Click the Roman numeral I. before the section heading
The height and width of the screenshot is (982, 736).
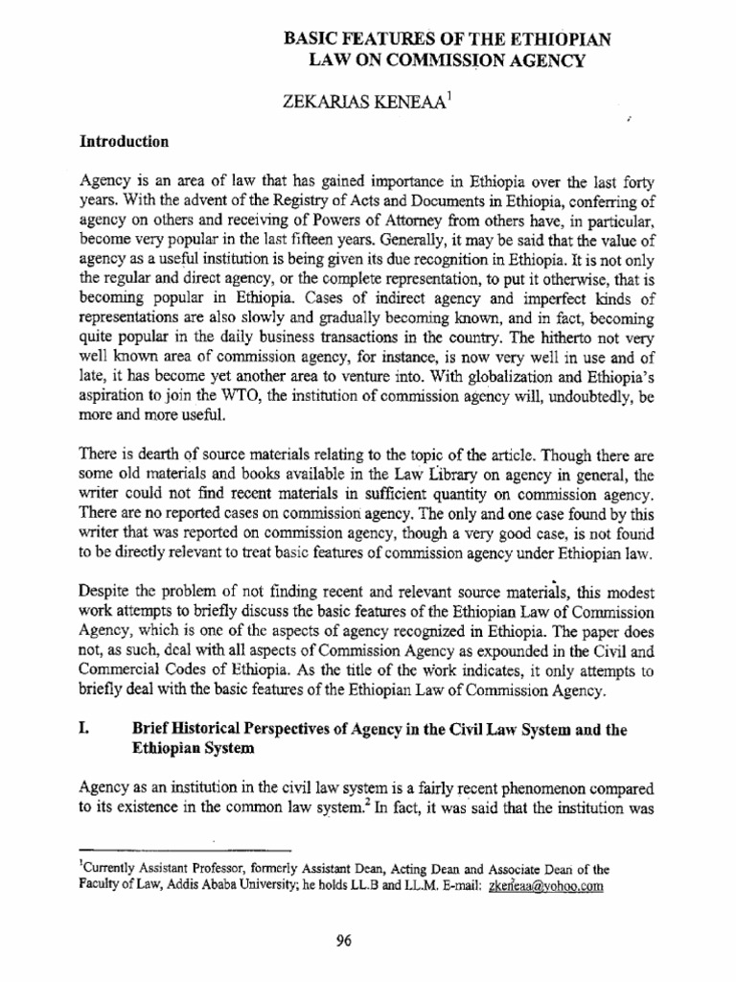click(83, 730)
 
